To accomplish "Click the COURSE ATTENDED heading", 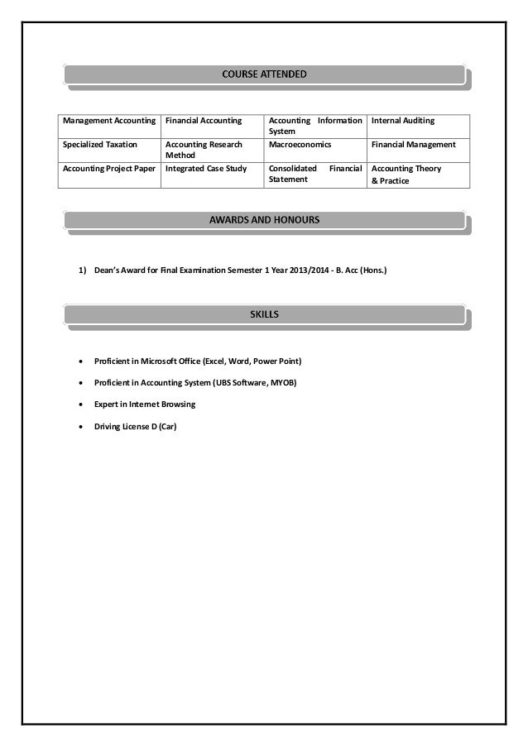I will pyautogui.click(x=264, y=75).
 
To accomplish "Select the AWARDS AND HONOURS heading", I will pyautogui.click(x=264, y=220).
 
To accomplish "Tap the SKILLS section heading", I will pyautogui.click(x=264, y=314).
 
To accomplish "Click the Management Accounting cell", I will pyautogui.click(x=108, y=122).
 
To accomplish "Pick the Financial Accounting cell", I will pyautogui.click(x=204, y=122).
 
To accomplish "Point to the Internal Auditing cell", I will pyautogui.click(x=403, y=122).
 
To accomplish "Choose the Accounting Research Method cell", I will pyautogui.click(x=204, y=150).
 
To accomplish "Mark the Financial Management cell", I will pyautogui.click(x=414, y=145).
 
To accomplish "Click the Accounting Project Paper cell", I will pyautogui.click(x=108, y=169).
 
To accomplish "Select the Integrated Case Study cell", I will pyautogui.click(x=206, y=169).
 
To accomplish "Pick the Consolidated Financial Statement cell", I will pyautogui.click(x=315, y=174).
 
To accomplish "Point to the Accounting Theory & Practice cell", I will pyautogui.click(x=406, y=174).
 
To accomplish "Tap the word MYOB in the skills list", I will pyautogui.click(x=283, y=384).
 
